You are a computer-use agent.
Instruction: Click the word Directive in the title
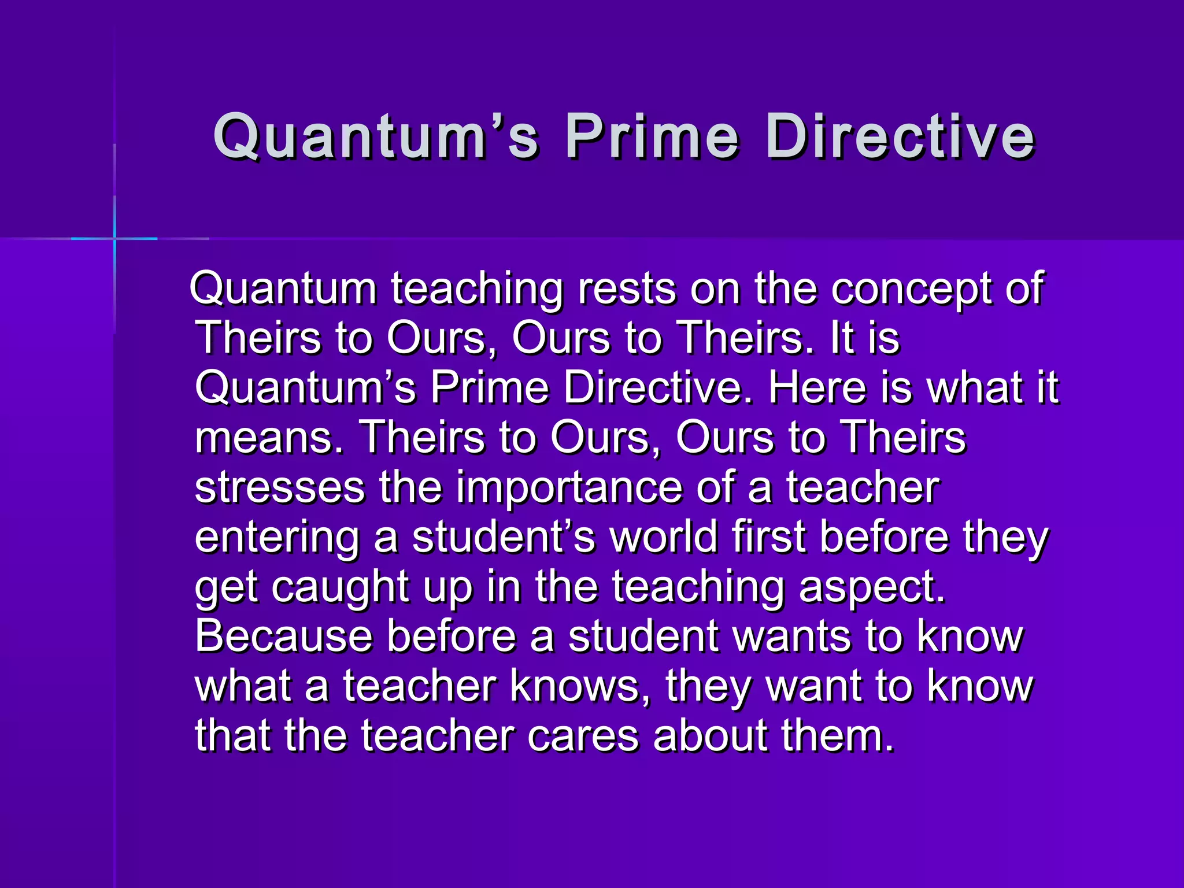pos(900,136)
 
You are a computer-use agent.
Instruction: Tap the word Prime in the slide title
pos(652,136)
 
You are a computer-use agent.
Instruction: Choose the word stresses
pos(280,487)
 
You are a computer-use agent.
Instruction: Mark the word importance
pos(569,487)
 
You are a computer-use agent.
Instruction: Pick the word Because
pos(284,636)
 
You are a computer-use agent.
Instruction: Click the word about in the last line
pos(711,735)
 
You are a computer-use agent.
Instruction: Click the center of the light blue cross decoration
pos(114,238)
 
